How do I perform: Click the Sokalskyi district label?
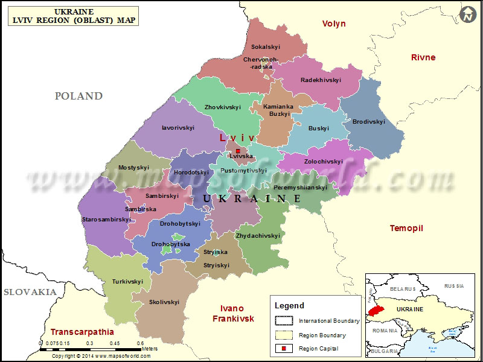(x=265, y=46)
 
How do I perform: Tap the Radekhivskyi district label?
(x=321, y=80)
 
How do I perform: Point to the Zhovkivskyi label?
(x=222, y=107)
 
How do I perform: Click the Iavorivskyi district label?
(x=178, y=128)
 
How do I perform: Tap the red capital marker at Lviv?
(x=238, y=151)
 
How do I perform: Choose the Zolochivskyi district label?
(x=323, y=162)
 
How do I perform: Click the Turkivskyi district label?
(x=127, y=281)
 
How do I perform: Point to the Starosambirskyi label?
(x=106, y=220)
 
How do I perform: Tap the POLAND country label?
(x=78, y=96)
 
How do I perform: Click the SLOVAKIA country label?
(x=30, y=292)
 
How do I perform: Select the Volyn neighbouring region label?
(x=334, y=24)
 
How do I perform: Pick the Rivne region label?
(x=423, y=57)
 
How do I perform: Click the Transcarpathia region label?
(x=82, y=332)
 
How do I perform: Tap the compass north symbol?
(x=467, y=15)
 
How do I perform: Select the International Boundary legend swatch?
(x=283, y=321)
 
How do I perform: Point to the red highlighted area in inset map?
(x=376, y=309)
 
